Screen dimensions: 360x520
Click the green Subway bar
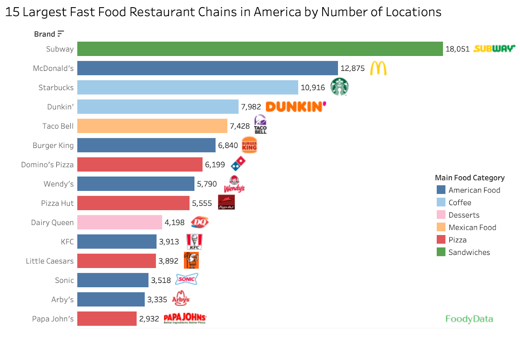[x=260, y=49]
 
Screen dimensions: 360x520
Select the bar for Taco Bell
[x=152, y=126]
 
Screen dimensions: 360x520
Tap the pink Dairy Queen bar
[x=120, y=222]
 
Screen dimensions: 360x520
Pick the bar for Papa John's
[x=107, y=319]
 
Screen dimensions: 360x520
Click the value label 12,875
[x=352, y=68]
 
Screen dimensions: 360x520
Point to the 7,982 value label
[x=251, y=107]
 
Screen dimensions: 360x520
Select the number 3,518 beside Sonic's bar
[x=161, y=280]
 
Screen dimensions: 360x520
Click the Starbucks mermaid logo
[x=339, y=87]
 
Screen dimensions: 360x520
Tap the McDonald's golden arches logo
[x=378, y=68]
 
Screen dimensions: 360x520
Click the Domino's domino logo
[x=238, y=164]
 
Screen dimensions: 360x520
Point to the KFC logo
[x=194, y=242]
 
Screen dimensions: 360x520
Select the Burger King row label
[x=53, y=145]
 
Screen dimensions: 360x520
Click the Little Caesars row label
[x=50, y=261]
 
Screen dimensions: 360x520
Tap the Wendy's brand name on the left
[x=58, y=184]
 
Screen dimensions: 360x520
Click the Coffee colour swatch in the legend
[x=441, y=202]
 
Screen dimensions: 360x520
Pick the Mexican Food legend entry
[x=472, y=227]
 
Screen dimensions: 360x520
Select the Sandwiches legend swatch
[x=441, y=252]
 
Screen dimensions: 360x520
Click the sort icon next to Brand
[x=60, y=33]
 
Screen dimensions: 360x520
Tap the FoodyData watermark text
[x=469, y=319]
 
